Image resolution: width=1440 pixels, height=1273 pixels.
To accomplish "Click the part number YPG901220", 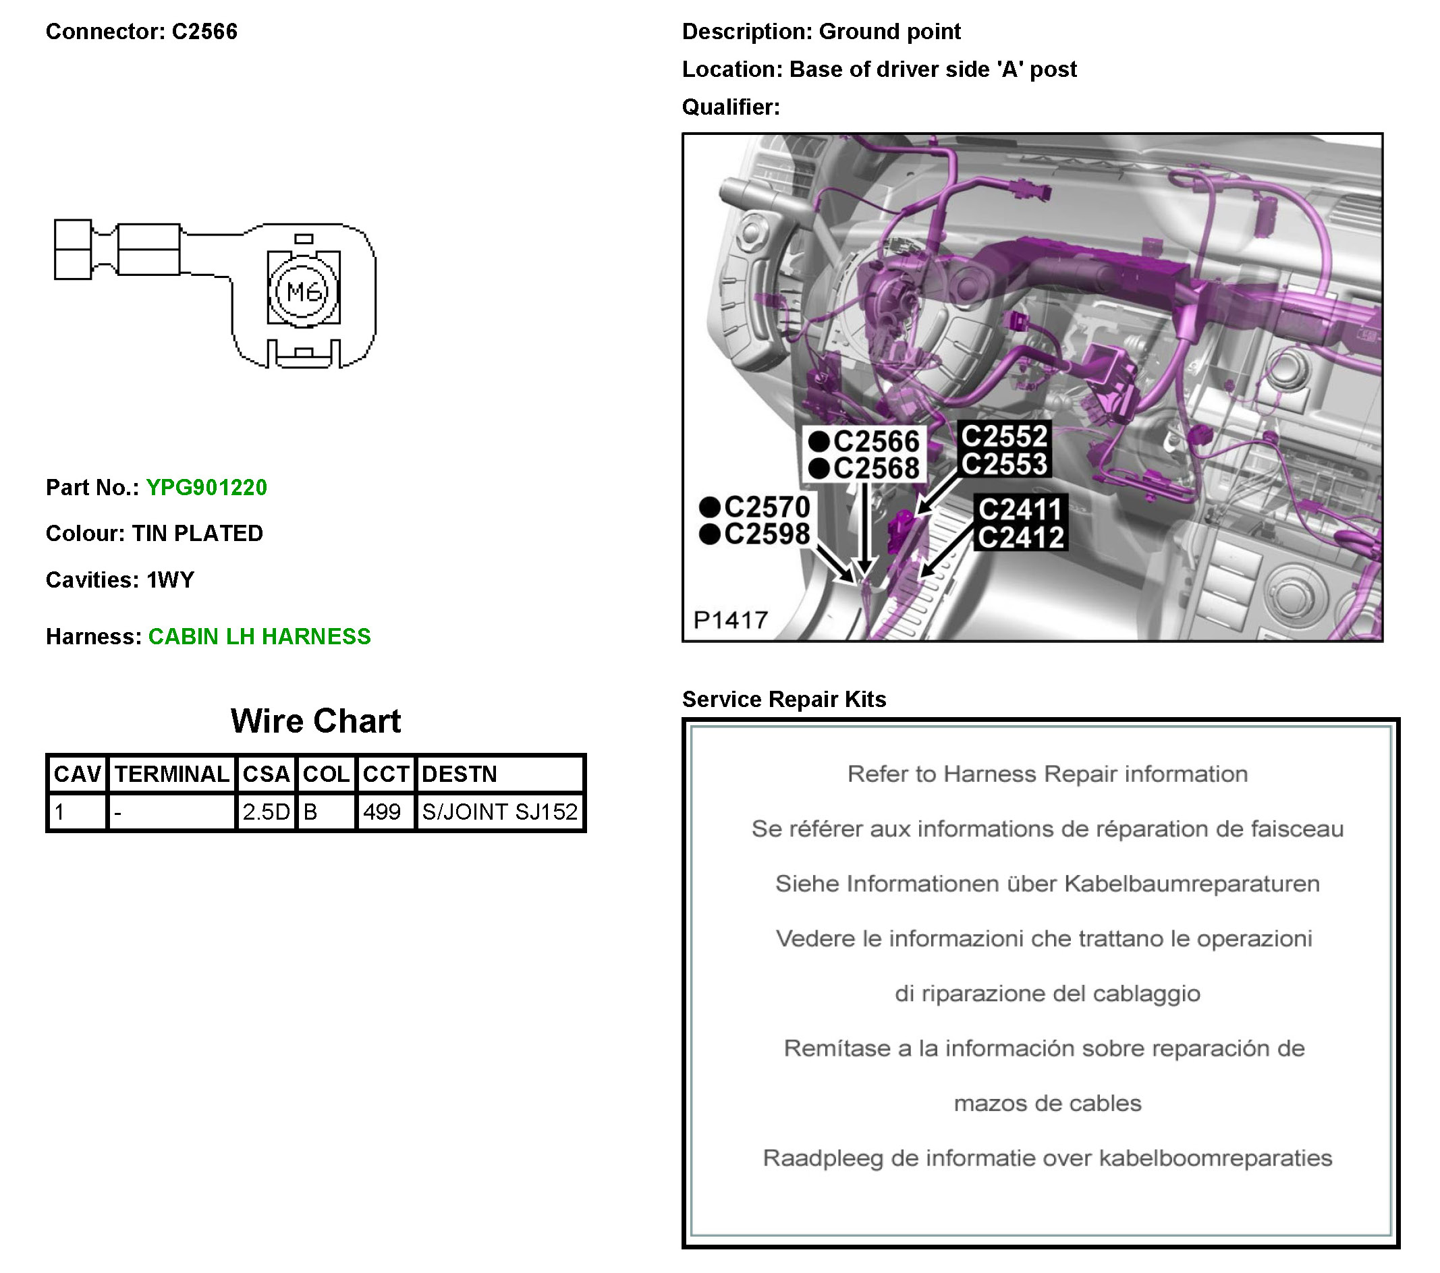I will click(206, 488).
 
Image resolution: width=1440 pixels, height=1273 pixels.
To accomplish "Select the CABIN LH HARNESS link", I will click(259, 636).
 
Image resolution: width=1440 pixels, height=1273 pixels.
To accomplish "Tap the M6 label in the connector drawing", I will click(304, 291).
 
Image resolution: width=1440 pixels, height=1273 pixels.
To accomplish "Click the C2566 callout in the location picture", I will click(876, 442).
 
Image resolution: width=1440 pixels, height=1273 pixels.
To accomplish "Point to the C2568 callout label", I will click(876, 468).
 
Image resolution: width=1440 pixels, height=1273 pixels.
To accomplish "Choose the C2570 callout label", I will click(767, 507).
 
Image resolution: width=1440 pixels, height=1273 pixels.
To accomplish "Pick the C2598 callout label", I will click(767, 534).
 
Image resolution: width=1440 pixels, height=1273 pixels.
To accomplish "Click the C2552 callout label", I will click(1004, 436).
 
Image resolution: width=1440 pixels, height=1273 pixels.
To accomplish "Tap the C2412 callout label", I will click(1021, 538).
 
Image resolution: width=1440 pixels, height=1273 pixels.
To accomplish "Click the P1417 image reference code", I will click(731, 620).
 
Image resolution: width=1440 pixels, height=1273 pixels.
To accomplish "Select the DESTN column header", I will click(460, 774).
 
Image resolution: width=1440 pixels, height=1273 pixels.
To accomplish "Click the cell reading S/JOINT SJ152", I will click(499, 812).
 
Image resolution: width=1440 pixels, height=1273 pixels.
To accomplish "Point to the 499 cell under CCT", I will click(382, 812).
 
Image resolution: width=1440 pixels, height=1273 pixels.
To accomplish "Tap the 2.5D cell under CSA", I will click(266, 812).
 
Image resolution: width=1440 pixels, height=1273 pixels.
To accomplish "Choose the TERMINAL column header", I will click(172, 774).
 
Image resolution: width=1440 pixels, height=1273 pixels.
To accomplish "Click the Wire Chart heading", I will click(316, 720).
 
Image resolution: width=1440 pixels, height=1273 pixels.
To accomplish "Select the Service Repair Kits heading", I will click(784, 699).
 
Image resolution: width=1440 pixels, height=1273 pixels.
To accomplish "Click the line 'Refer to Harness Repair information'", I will click(1047, 774).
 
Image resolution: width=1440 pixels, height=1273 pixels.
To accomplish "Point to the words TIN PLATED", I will click(197, 534).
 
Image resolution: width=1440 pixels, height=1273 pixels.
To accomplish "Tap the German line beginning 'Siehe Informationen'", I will click(1047, 884).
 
